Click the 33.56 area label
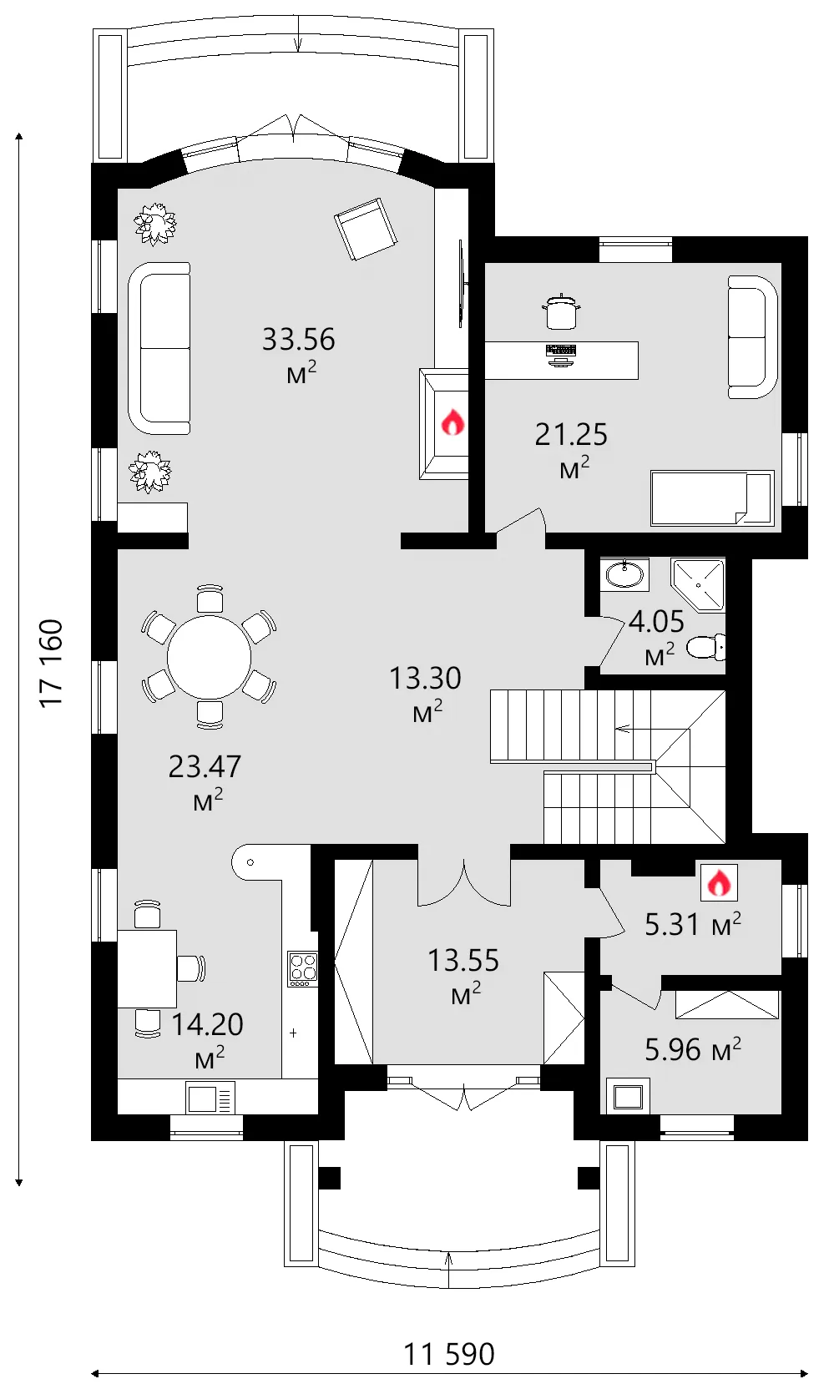click(298, 354)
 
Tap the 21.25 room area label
click(571, 450)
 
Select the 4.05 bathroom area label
click(656, 637)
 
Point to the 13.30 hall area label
click(425, 694)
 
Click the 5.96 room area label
click(693, 1049)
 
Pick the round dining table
click(209, 657)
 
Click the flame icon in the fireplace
click(452, 422)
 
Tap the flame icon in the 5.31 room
click(720, 881)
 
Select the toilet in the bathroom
click(706, 647)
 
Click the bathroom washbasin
click(625, 573)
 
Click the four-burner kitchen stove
click(302, 969)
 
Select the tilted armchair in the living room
click(366, 230)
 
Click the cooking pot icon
click(561, 312)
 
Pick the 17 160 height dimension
click(52, 663)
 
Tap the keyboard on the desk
click(561, 351)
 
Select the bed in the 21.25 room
click(712, 498)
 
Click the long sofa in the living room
click(159, 348)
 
